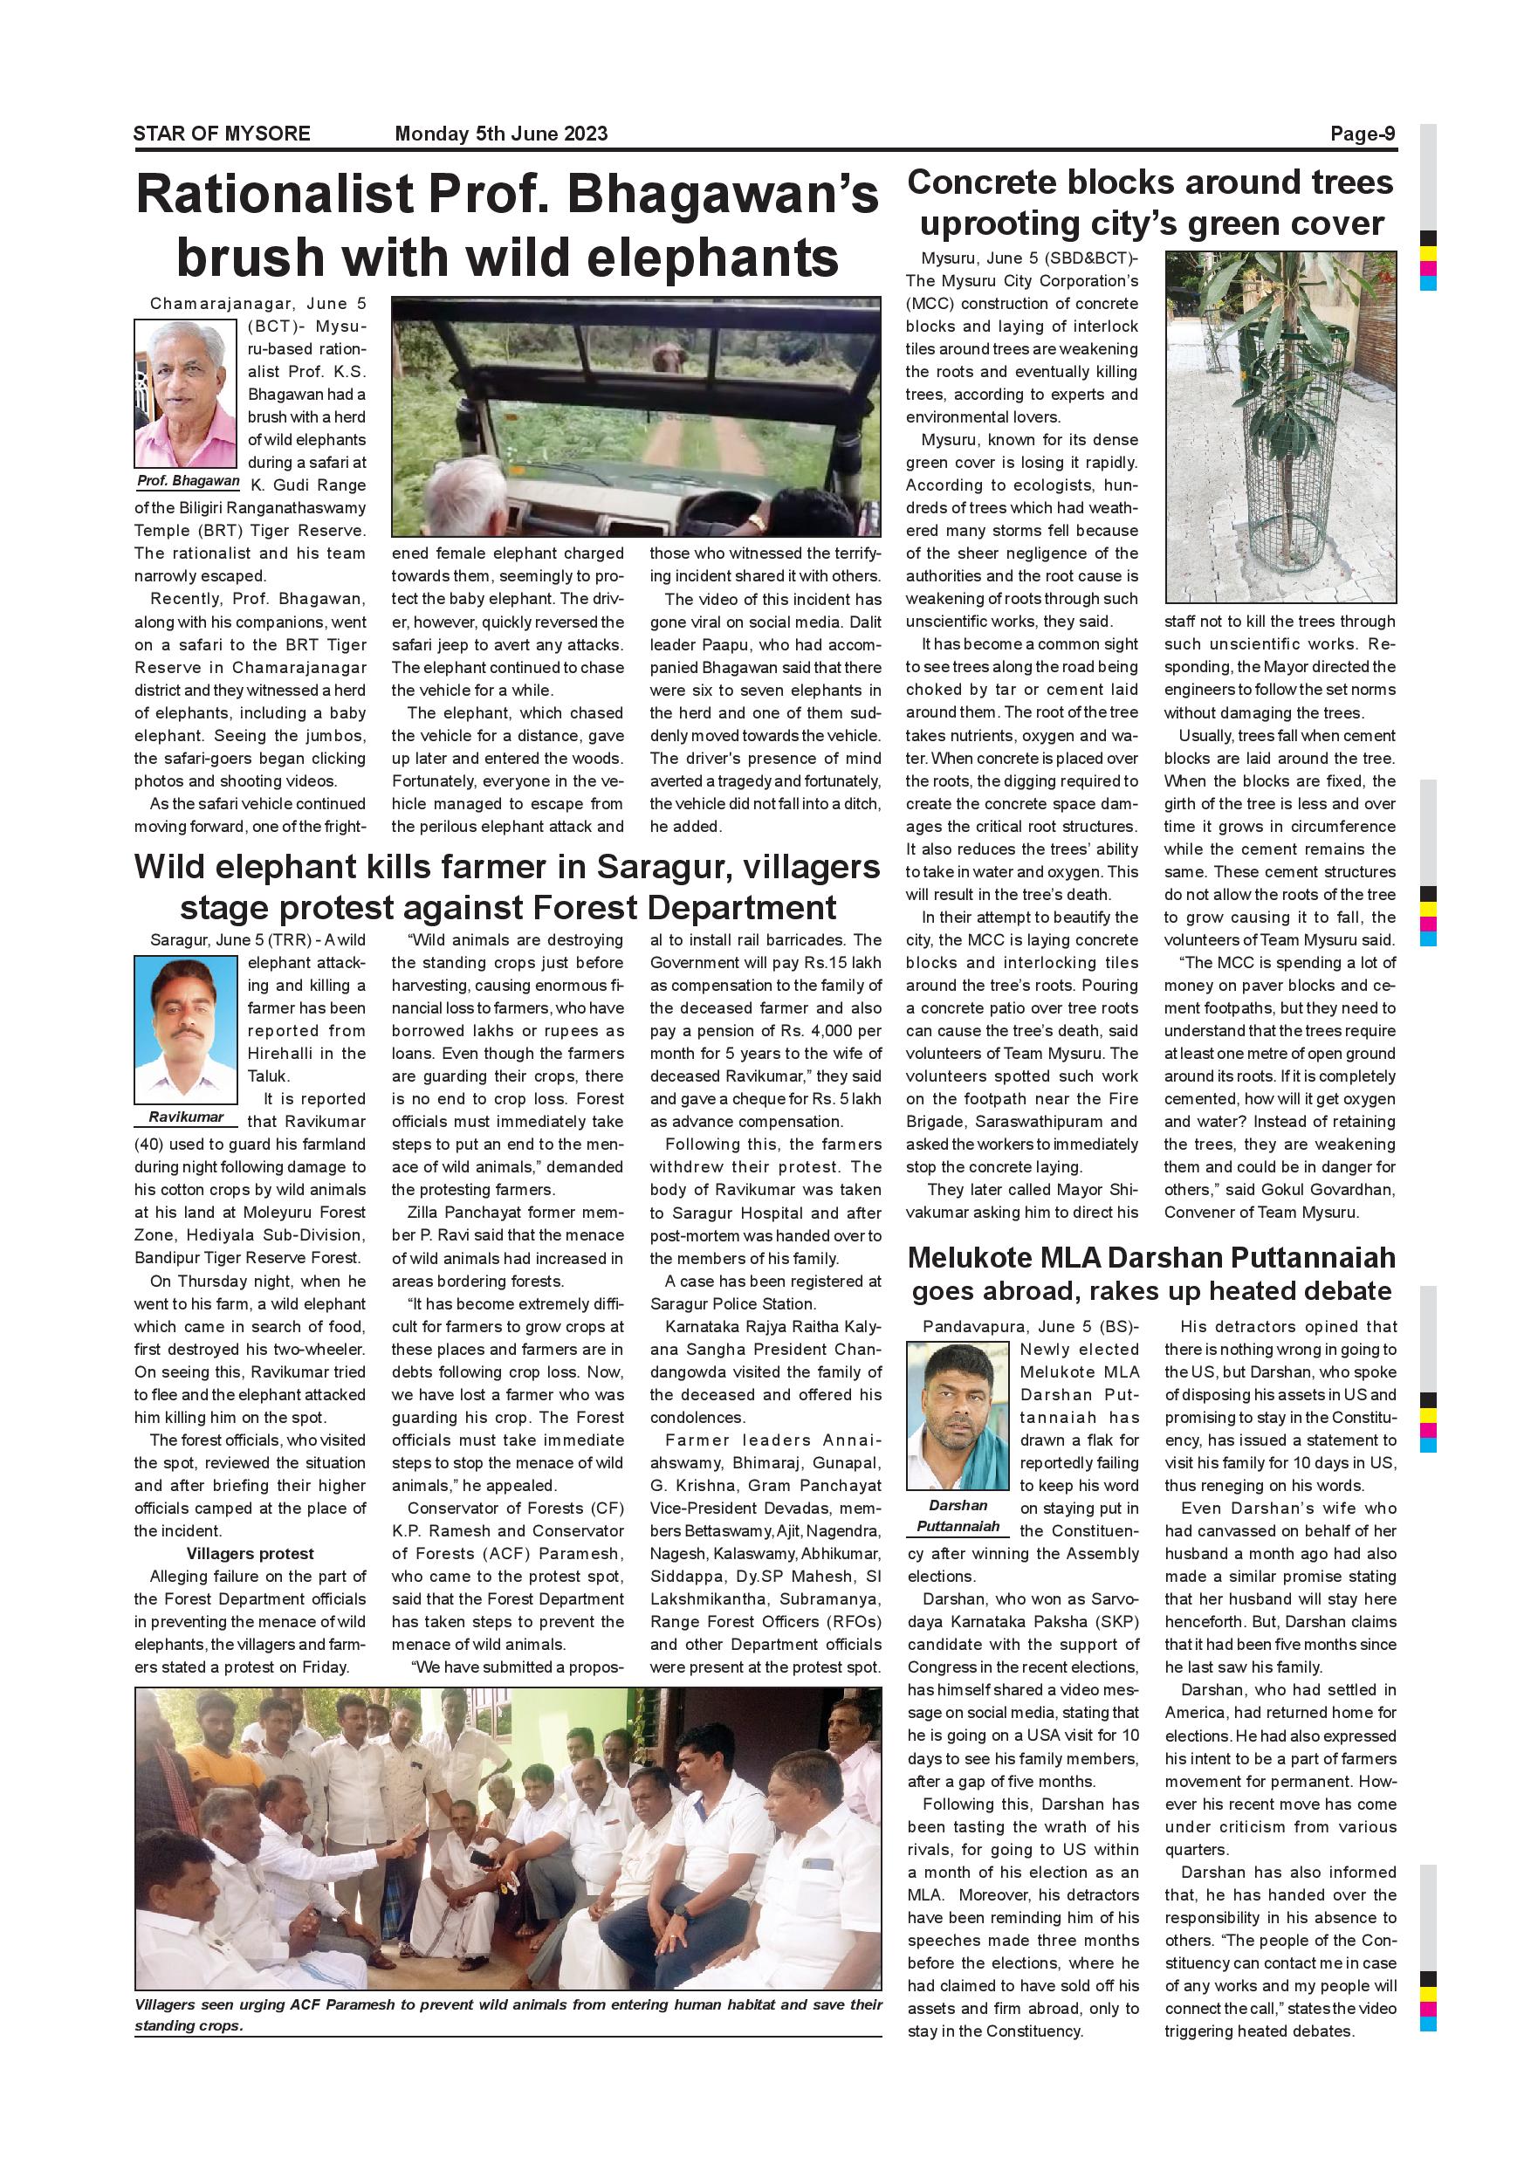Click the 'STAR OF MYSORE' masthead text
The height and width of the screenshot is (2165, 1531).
(222, 134)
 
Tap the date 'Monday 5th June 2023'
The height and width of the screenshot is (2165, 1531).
(501, 134)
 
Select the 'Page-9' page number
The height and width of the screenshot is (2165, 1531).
(1363, 134)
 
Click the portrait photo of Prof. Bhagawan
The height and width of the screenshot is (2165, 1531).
(186, 393)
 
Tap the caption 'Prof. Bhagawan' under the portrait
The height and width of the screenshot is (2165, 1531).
(189, 481)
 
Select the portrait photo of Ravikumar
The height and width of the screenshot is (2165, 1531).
(186, 1028)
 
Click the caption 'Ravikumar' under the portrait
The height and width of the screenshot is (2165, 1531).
(186, 1117)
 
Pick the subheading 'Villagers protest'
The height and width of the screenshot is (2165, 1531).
(250, 1553)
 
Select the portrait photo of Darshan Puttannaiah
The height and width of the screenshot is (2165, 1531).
(958, 1416)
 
